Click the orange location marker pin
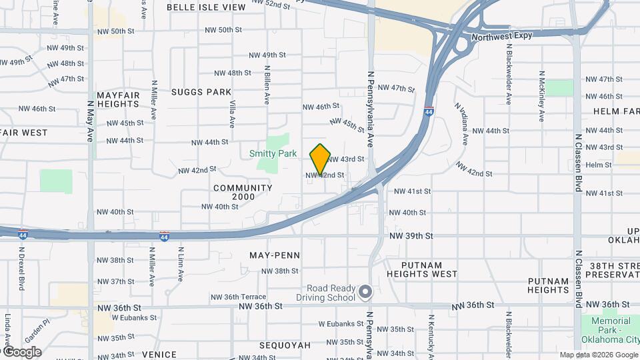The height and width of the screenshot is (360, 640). (x=321, y=159)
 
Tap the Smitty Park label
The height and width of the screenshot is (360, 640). (x=273, y=153)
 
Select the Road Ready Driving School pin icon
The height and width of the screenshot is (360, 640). (x=365, y=292)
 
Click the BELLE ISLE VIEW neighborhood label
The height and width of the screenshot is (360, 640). (x=197, y=7)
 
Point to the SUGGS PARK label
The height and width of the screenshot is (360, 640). (x=201, y=92)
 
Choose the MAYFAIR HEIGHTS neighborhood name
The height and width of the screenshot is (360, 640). (x=118, y=99)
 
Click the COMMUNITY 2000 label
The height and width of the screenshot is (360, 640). (x=243, y=193)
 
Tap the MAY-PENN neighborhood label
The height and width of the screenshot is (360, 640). (x=274, y=255)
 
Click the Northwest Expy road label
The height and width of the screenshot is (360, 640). (x=501, y=35)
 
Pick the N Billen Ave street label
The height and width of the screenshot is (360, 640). (x=267, y=85)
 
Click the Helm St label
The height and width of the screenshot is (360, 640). (x=599, y=165)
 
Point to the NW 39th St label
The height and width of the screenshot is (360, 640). (x=411, y=236)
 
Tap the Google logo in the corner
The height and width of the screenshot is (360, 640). (x=21, y=352)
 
